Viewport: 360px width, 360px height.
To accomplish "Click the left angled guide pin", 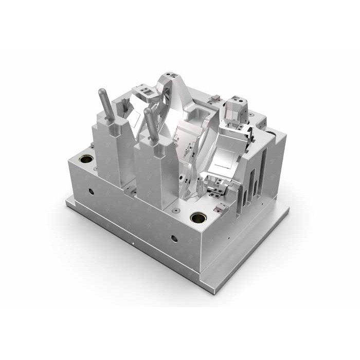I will (106, 105).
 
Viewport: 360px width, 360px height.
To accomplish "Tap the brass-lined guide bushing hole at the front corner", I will (198, 218).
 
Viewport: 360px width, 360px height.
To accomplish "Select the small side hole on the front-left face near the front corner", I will (174, 238).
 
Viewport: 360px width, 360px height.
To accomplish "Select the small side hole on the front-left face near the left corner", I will (91, 191).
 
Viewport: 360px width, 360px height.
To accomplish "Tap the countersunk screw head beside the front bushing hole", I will (176, 210).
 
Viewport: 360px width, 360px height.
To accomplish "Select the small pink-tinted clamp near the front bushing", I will (222, 208).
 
